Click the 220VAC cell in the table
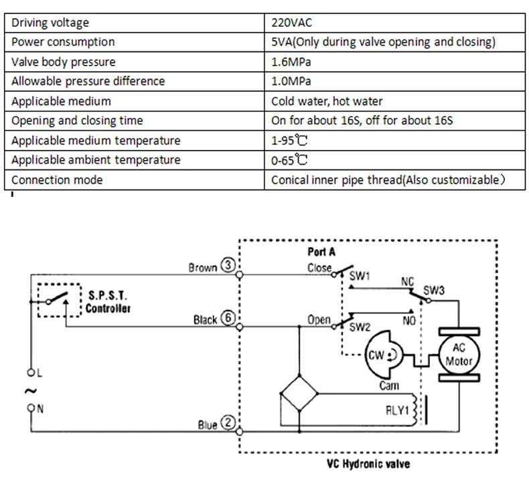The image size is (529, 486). tap(291, 23)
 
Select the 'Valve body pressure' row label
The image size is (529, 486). tap(64, 62)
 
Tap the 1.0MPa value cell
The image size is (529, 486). tap(291, 81)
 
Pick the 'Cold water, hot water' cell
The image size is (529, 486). tap(327, 101)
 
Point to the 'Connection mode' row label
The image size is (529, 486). tap(57, 180)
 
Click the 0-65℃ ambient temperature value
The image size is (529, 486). tap(289, 160)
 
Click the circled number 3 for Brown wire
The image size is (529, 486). tap(228, 265)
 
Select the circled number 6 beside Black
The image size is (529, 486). tap(228, 318)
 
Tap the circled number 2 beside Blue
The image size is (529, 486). tap(228, 422)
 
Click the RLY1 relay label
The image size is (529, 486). tap(397, 410)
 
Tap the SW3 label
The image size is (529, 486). tap(434, 291)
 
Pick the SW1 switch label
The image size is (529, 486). tap(360, 276)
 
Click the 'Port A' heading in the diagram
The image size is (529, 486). tap(321, 252)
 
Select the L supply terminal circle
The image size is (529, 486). tap(31, 373)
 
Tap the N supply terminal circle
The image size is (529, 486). tap(31, 408)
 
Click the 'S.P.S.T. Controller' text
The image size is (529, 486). tap(108, 302)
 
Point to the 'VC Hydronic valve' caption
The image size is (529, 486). tap(368, 464)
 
